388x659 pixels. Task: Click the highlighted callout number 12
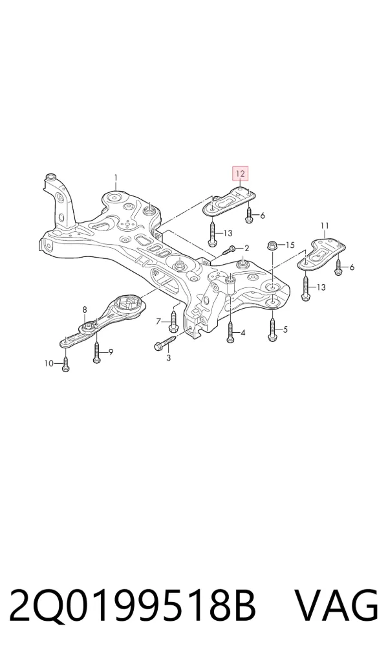pos(241,173)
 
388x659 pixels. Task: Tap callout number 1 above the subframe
pos(116,178)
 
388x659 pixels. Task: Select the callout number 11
pos(325,226)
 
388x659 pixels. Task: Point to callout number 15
pos(290,245)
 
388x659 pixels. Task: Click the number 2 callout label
pos(246,249)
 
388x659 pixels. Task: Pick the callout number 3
pos(169,357)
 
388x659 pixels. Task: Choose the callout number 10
pos(49,363)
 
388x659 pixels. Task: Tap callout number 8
pos(85,309)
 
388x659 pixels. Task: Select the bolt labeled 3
pos(166,342)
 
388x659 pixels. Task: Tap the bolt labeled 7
pos(174,321)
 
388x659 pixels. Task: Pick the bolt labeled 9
pos(97,352)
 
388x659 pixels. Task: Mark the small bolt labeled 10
pos(65,364)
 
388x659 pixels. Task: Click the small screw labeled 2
pos(227,251)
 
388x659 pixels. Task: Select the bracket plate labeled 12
pos(229,202)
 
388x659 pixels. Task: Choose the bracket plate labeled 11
pos(322,253)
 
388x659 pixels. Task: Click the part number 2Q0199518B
pos(133,606)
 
